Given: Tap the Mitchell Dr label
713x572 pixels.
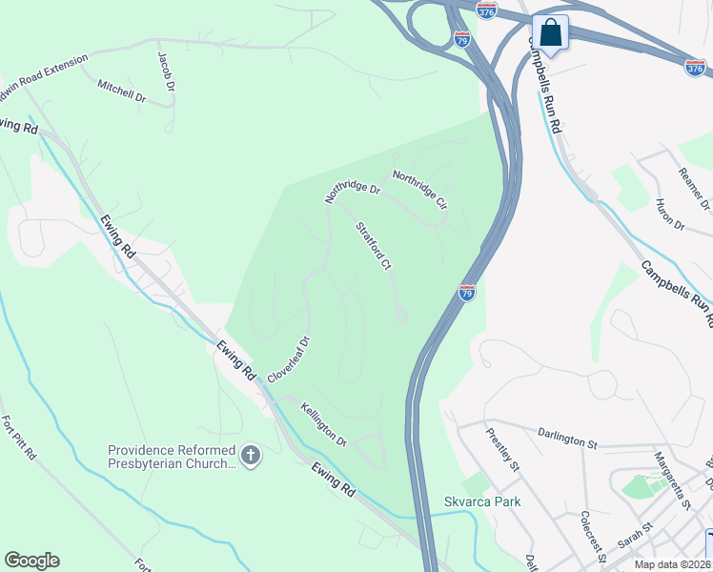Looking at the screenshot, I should [121, 91].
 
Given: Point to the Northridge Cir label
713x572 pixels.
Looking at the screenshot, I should [419, 189].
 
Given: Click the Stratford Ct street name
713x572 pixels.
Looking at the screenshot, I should [374, 245].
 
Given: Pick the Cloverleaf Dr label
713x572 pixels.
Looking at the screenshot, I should [290, 358].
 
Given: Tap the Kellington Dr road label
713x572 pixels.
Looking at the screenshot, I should [323, 424].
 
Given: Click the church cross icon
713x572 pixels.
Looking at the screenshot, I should [251, 457].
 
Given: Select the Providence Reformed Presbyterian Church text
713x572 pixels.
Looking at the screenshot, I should [172, 457].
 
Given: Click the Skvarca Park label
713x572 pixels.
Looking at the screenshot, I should [482, 502].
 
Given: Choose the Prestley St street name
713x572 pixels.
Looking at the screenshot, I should [501, 448].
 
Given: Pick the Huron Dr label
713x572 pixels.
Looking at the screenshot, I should [670, 215].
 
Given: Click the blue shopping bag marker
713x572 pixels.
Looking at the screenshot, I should [550, 32].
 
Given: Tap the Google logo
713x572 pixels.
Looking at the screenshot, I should [31, 561].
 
